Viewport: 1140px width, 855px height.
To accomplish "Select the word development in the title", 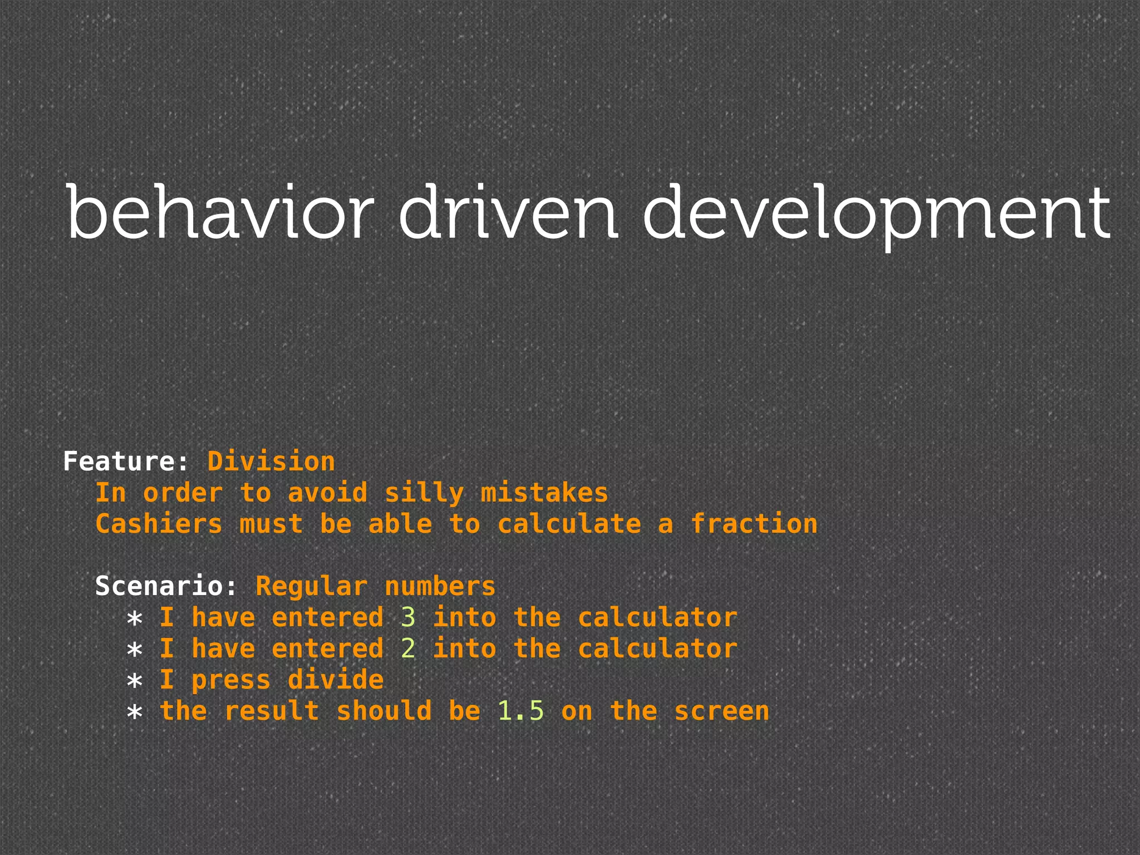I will [x=876, y=214].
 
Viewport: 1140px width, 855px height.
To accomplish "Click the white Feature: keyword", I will [x=126, y=461].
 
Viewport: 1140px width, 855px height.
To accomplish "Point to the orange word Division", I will [x=271, y=461].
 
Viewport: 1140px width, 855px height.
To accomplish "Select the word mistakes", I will [x=544, y=493].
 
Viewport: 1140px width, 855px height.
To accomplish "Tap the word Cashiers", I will [x=159, y=524].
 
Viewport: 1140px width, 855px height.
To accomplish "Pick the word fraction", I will [x=754, y=524].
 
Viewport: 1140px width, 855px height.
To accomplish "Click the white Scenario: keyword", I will [x=166, y=586].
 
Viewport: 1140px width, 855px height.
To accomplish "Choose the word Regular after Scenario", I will [x=311, y=586].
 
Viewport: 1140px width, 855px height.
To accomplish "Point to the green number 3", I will [x=408, y=617].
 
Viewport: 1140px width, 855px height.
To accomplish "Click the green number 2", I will [x=408, y=648].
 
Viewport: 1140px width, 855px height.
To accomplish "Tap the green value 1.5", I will [x=520, y=711].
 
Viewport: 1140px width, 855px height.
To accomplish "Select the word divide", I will [x=336, y=680].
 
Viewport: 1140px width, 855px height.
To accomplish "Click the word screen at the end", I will [x=722, y=711].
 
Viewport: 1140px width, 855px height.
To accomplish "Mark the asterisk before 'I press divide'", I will [x=135, y=681].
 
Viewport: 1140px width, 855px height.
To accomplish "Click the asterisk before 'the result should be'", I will [x=135, y=712].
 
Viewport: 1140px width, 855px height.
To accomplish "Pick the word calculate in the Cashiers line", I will [x=569, y=524].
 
